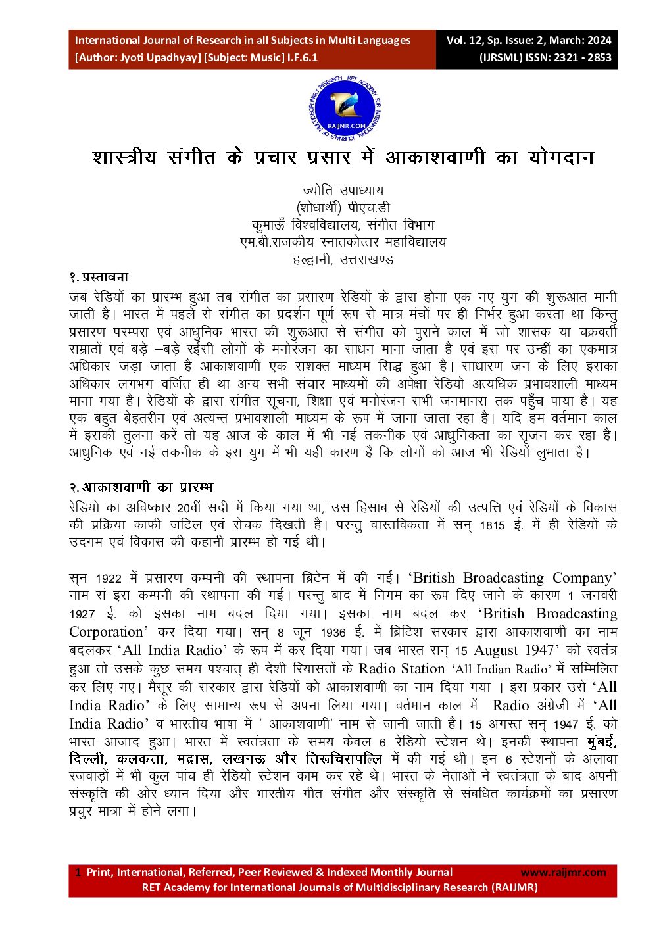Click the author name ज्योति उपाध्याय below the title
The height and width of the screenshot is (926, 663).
343,191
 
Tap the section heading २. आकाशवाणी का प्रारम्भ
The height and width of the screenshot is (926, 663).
141,487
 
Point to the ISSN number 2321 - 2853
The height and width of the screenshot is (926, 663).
582,57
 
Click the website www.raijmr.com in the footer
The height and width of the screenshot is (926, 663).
563,873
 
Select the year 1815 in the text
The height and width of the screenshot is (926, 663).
493,525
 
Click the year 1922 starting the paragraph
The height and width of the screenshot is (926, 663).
109,579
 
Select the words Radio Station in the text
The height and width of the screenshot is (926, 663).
401,669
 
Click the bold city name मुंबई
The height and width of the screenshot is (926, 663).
602,742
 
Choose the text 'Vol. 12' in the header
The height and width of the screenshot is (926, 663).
464,40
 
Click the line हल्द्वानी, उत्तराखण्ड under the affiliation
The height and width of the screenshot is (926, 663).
343,259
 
